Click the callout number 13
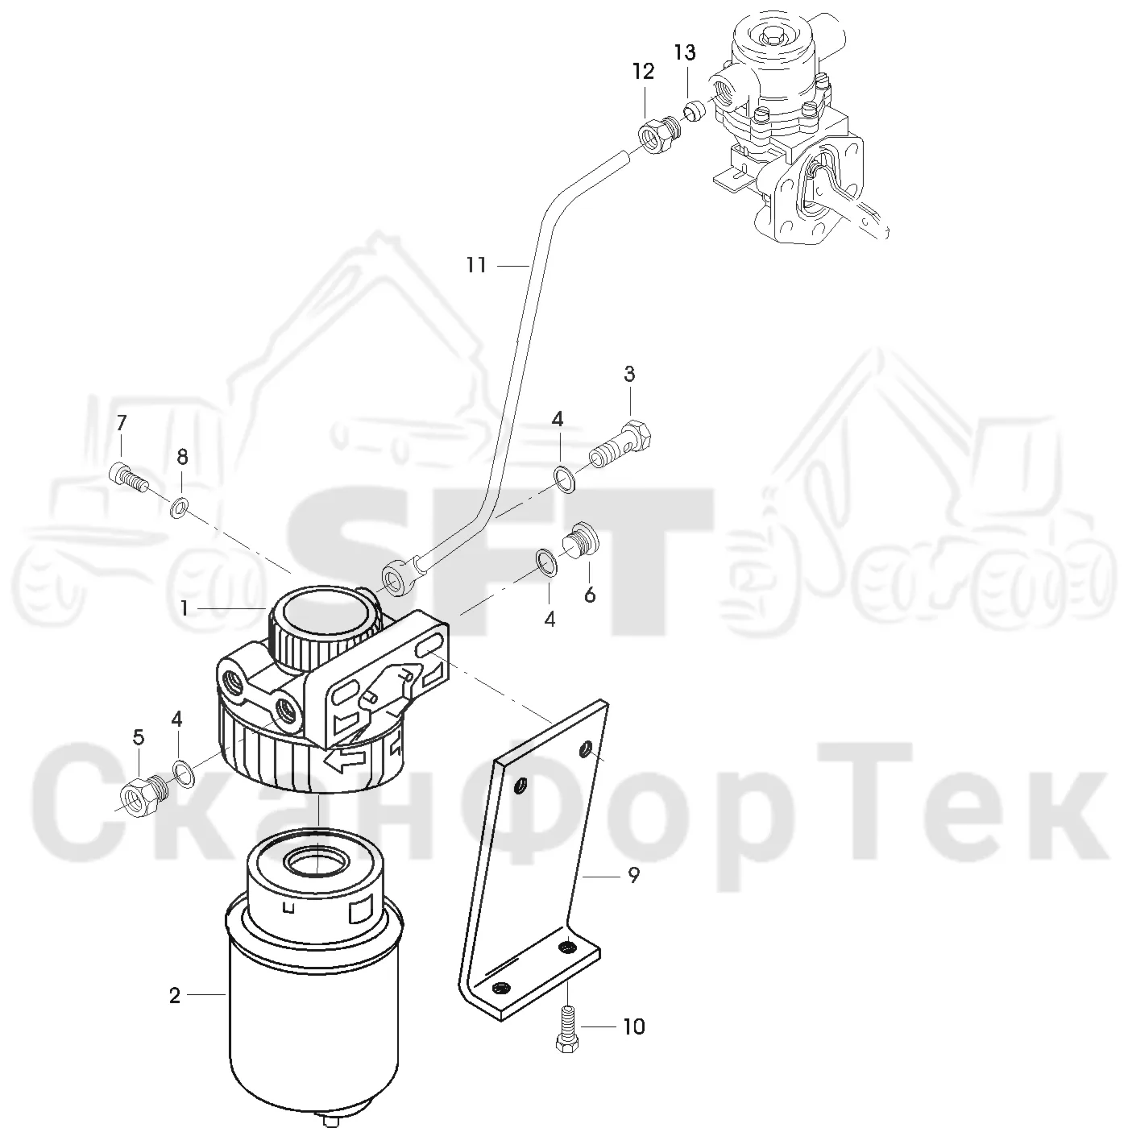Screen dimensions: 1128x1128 (684, 52)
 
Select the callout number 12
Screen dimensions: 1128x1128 (643, 72)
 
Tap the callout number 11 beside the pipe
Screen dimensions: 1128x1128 (476, 265)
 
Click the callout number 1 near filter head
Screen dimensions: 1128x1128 (185, 609)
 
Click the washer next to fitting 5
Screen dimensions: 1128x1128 (185, 773)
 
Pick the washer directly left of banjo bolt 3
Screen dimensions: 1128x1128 (565, 478)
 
